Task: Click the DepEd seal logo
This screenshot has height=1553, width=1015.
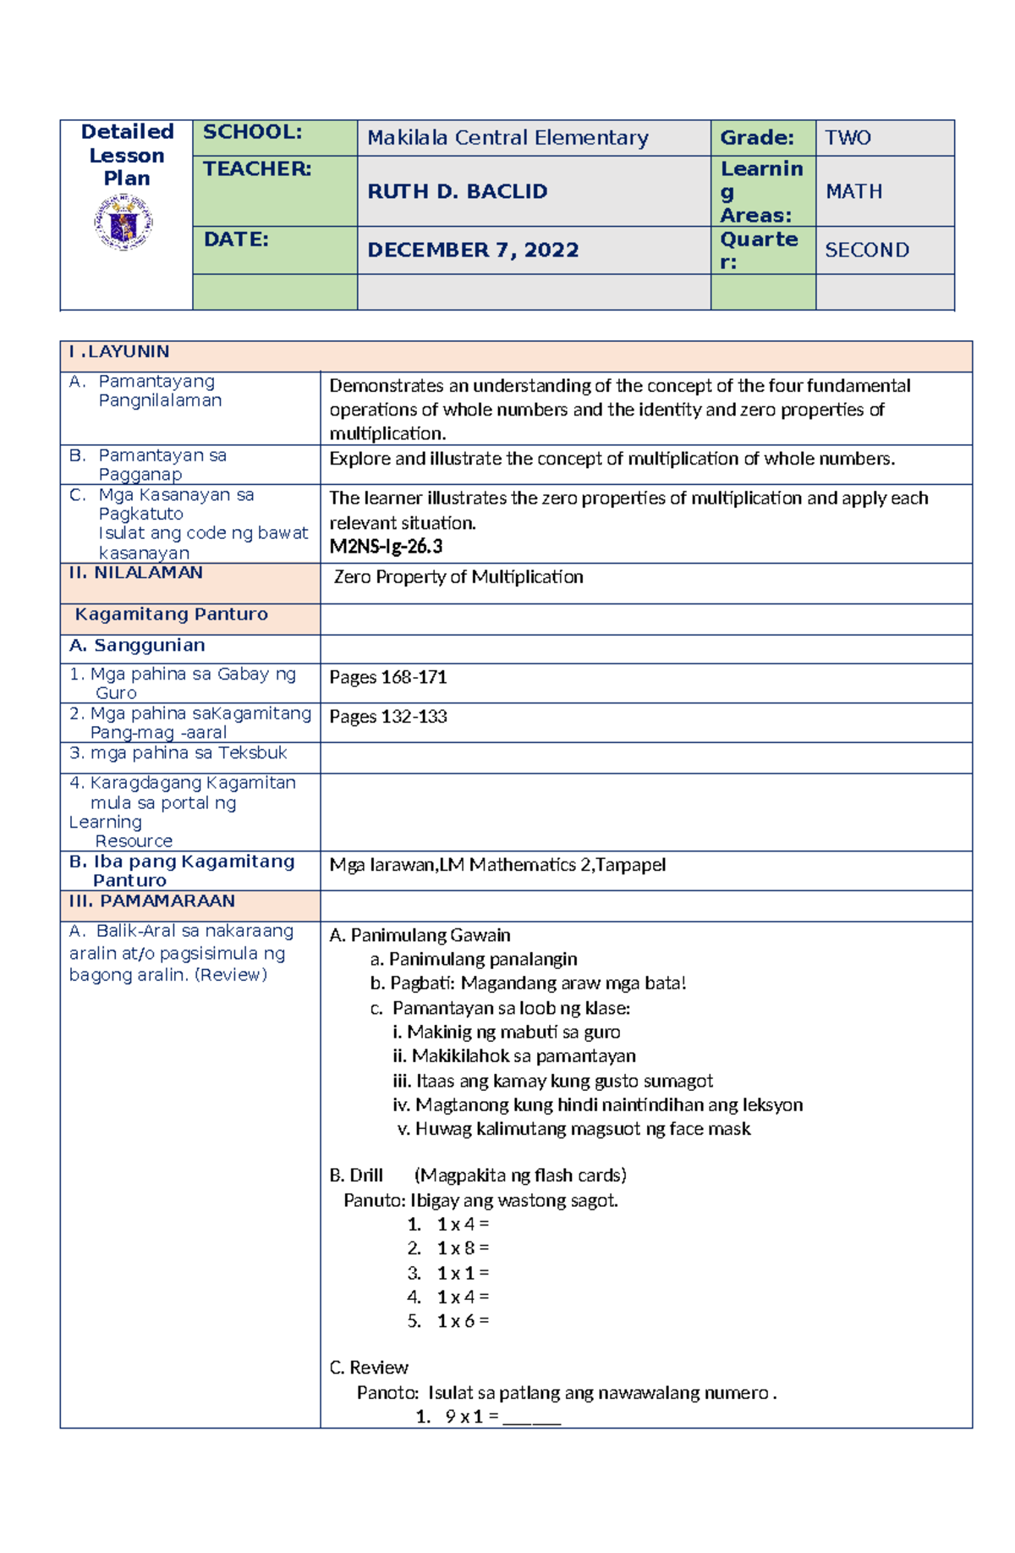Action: click(123, 223)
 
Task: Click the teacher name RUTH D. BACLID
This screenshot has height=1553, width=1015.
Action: click(457, 192)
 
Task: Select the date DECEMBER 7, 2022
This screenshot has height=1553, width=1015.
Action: click(473, 251)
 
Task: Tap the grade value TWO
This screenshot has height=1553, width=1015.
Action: click(848, 138)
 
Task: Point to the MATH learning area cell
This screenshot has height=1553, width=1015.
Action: click(853, 192)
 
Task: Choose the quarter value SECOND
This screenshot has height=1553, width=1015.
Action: click(867, 251)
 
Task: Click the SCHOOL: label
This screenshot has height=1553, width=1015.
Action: click(252, 132)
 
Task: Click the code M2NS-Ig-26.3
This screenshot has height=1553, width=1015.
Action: click(386, 547)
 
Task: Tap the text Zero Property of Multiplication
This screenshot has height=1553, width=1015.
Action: click(458, 577)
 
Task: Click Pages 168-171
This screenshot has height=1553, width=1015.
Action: click(388, 677)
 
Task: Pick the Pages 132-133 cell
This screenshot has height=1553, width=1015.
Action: click(388, 717)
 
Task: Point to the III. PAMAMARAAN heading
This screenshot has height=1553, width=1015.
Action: click(152, 901)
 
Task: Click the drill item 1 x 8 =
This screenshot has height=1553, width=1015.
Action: click(463, 1248)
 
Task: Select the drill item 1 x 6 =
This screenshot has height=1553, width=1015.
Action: click(463, 1321)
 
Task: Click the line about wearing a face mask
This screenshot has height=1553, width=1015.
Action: click(574, 1129)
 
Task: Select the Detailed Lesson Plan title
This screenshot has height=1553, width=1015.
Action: click(127, 156)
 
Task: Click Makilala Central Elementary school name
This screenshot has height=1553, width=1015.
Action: click(507, 138)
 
